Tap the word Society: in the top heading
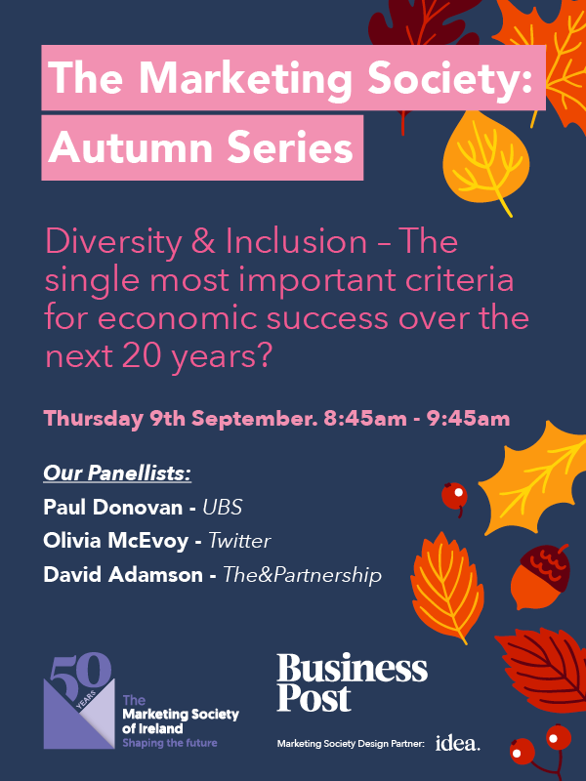tap(450, 78)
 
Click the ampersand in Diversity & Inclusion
tap(203, 241)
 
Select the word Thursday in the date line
tap(93, 419)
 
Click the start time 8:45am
tap(364, 419)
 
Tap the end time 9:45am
tap(469, 419)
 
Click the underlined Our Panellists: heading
tap(117, 473)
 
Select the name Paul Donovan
tap(113, 507)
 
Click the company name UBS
tap(223, 507)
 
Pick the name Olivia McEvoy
tap(115, 541)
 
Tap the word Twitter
tap(239, 541)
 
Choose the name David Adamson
tap(123, 575)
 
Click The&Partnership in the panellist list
tap(302, 575)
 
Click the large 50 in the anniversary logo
tap(80, 672)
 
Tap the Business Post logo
tap(352, 682)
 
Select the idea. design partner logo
tap(458, 743)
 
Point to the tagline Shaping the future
tap(170, 743)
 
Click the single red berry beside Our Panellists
tap(454, 496)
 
